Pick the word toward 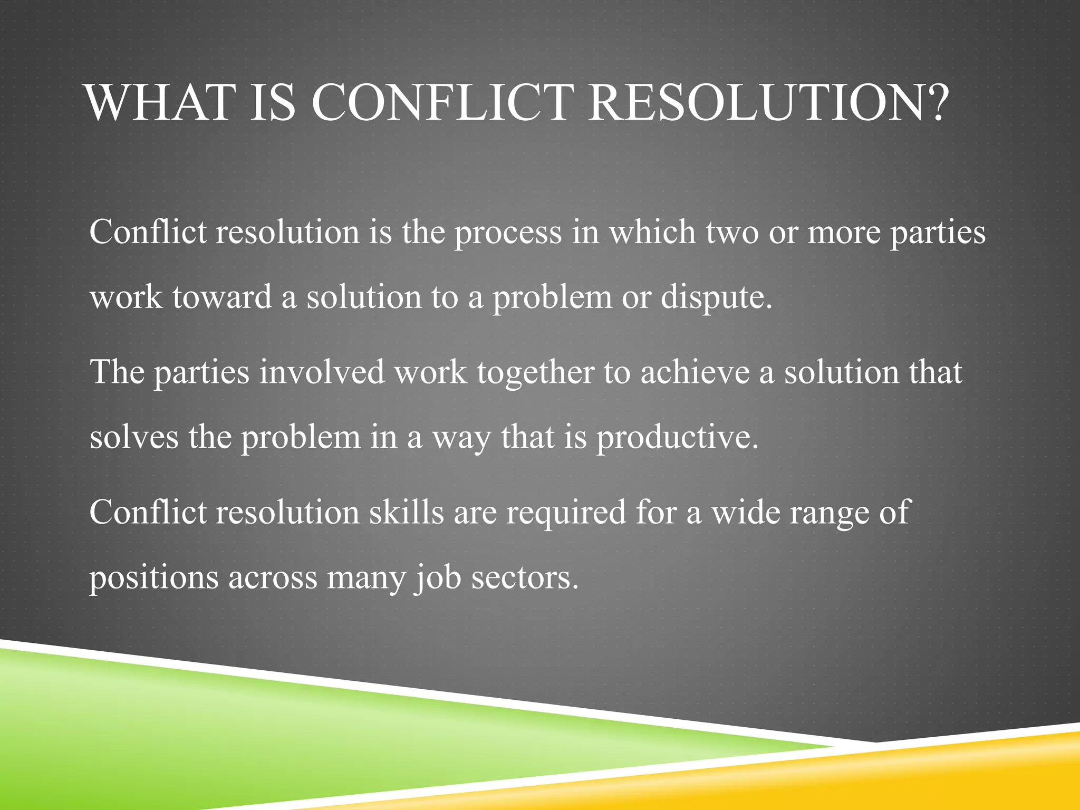(221, 297)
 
